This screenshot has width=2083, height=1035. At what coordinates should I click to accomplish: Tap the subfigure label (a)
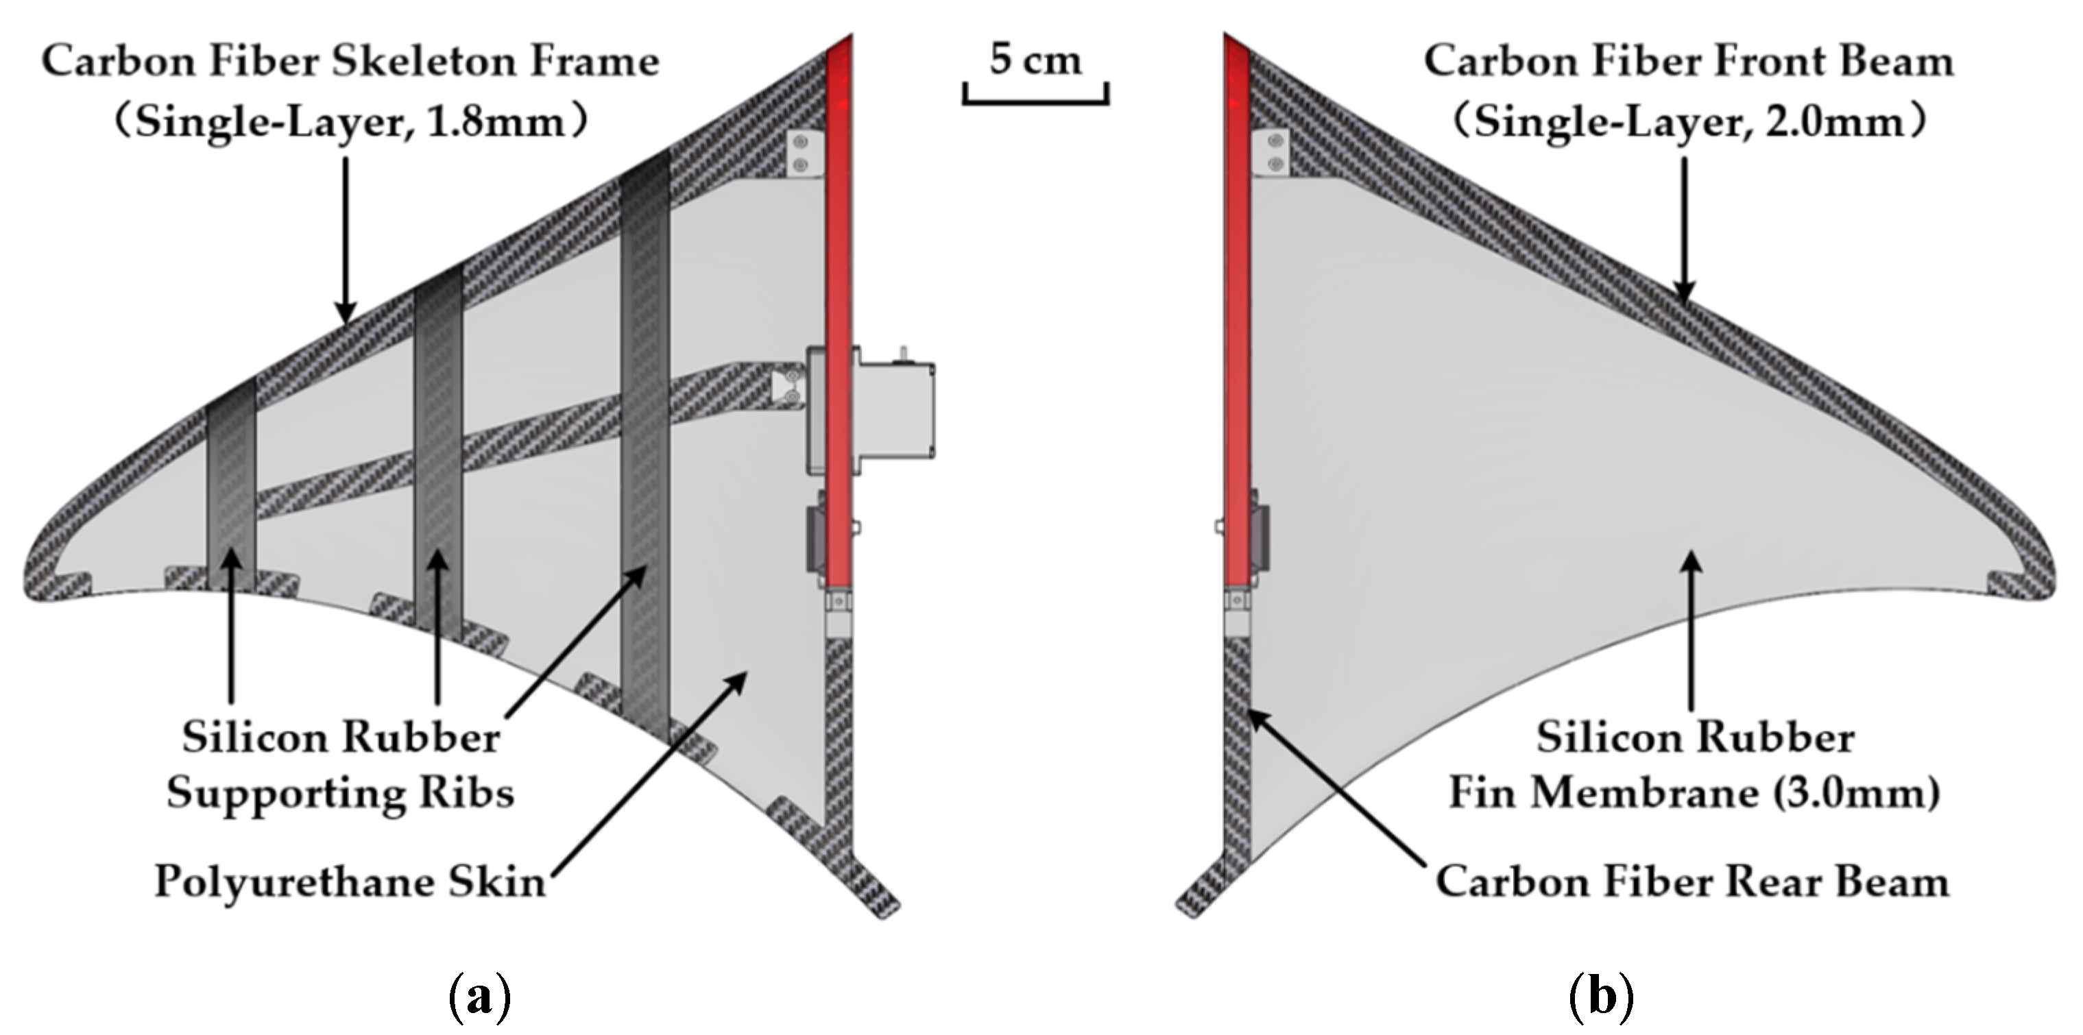coord(479,998)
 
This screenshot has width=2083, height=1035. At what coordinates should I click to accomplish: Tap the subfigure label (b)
coord(1602,998)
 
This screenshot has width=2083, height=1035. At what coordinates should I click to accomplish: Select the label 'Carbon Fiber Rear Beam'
coord(1692,881)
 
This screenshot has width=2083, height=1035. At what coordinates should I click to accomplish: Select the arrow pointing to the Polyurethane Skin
coord(647,776)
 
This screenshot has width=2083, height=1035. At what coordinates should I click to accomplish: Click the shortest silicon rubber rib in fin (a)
coord(231,485)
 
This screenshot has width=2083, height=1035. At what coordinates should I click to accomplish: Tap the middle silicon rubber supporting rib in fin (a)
coord(438,453)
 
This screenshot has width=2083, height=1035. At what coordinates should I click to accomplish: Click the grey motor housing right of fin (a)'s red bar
coord(893,413)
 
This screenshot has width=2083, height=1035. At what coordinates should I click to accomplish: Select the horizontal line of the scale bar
coord(1035,102)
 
